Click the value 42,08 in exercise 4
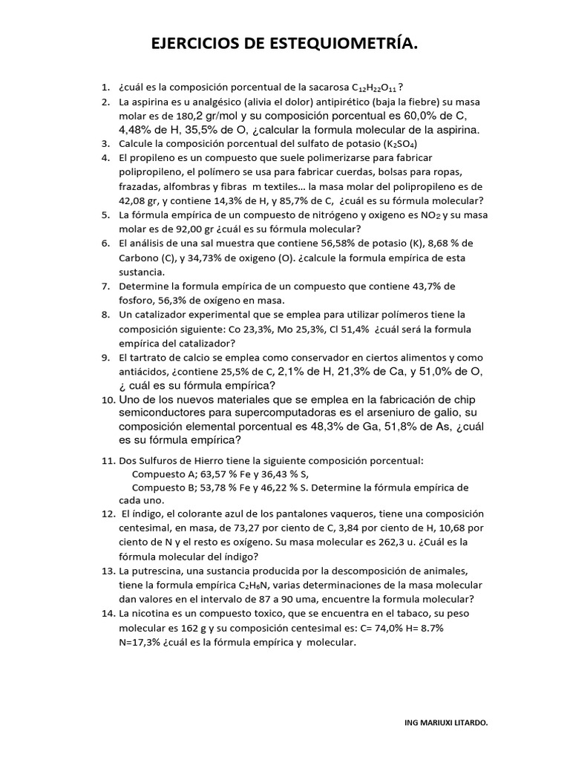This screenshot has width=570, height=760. (x=134, y=200)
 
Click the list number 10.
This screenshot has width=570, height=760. (x=108, y=400)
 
